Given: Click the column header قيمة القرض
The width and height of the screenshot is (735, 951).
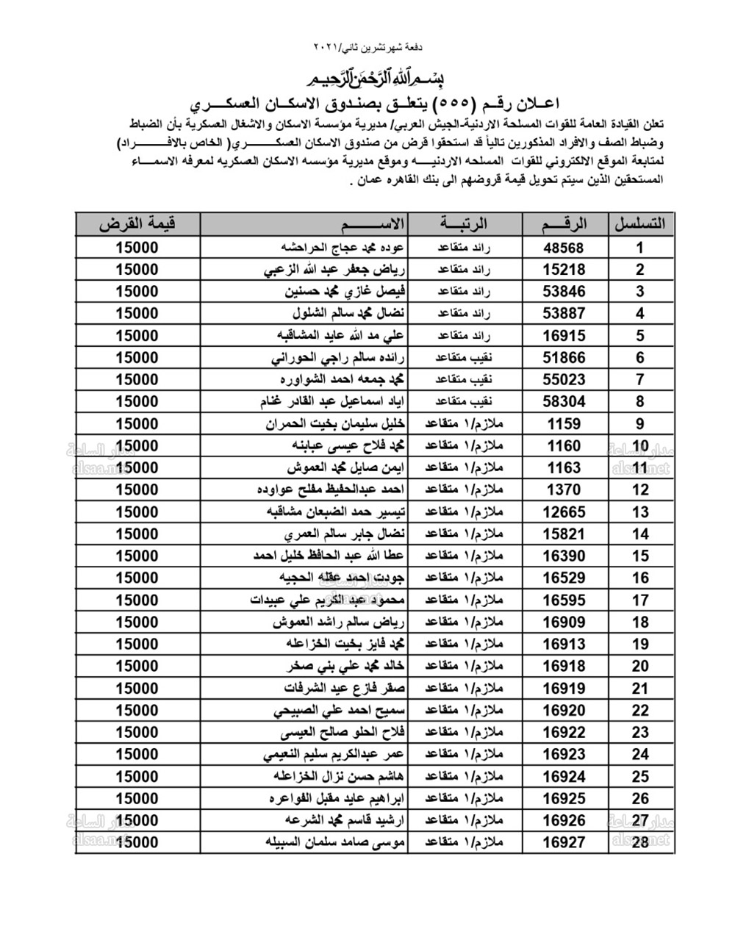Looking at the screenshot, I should pyautogui.click(x=138, y=224).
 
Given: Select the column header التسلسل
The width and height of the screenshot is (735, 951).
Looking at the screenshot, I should pyautogui.click(x=639, y=224).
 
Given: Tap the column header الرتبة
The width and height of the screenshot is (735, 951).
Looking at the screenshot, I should pyautogui.click(x=464, y=224).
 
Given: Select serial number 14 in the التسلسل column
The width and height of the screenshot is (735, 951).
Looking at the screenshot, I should pyautogui.click(x=640, y=534).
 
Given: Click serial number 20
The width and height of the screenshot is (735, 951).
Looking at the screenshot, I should pyautogui.click(x=640, y=667).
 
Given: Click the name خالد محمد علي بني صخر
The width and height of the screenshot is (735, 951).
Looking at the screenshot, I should pyautogui.click(x=342, y=667).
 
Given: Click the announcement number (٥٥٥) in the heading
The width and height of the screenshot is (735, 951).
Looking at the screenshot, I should pyautogui.click(x=421, y=101).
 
